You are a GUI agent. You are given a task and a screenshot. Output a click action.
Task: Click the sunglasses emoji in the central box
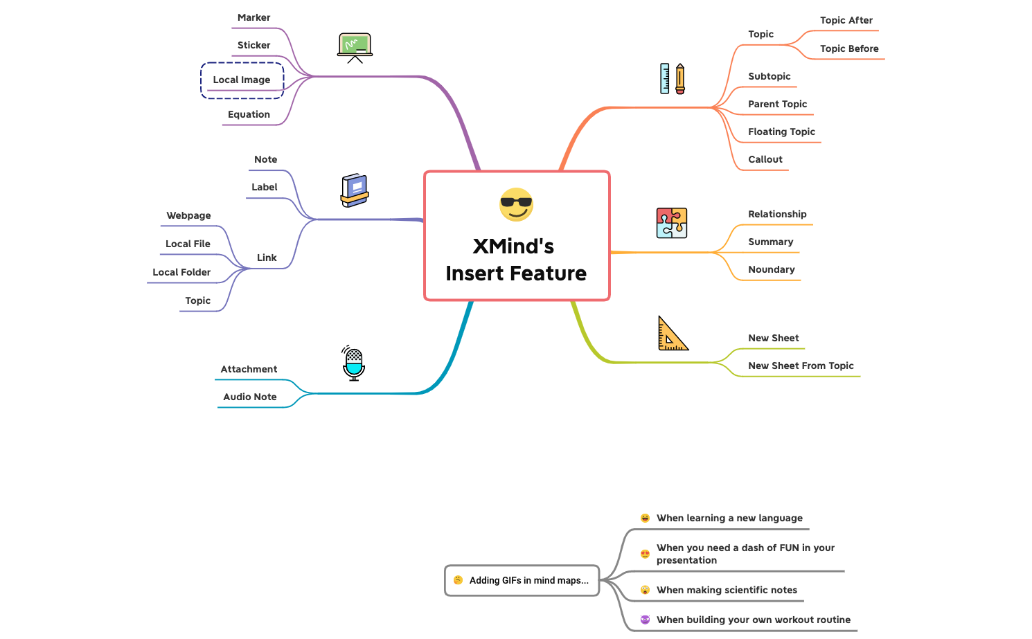(x=516, y=204)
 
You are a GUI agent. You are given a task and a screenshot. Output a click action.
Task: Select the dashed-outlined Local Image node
(x=242, y=80)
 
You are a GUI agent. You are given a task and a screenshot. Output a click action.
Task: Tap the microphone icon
(x=354, y=363)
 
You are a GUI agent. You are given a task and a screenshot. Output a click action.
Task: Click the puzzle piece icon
(x=671, y=223)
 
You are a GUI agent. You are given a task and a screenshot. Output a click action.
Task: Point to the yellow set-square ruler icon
(x=672, y=334)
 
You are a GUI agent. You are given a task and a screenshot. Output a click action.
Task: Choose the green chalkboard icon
(x=355, y=47)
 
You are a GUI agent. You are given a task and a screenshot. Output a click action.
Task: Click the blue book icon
(x=355, y=190)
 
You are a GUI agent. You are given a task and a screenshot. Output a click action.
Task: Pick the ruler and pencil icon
(x=673, y=79)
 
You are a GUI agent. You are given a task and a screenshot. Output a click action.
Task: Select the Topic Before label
(x=849, y=49)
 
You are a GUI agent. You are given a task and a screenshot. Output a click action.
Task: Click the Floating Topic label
(x=781, y=132)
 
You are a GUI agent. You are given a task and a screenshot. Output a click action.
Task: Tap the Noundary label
(x=771, y=270)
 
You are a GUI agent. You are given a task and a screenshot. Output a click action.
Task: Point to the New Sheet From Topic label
(x=801, y=366)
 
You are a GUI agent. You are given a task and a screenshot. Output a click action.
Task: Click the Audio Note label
(x=249, y=397)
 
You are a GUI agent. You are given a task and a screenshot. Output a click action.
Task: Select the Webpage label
(x=188, y=216)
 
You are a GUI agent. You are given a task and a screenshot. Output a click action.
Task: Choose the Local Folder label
(x=181, y=273)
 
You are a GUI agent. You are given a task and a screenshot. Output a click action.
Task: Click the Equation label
(x=249, y=115)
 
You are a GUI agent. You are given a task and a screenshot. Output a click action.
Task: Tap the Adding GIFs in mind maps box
(x=522, y=581)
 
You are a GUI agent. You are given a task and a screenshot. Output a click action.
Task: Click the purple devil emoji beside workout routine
(x=645, y=620)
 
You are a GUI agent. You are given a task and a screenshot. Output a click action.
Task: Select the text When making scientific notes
(x=727, y=591)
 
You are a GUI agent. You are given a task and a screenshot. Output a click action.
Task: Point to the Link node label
(x=267, y=258)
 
